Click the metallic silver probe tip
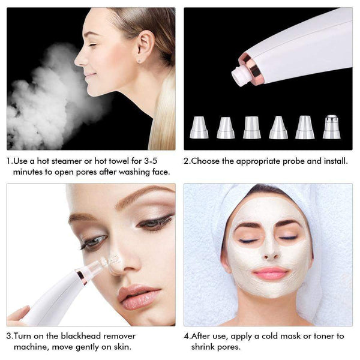coord(331,127)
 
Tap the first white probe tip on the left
coord(199,127)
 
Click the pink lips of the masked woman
coord(271,273)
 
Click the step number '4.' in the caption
coord(187,336)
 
